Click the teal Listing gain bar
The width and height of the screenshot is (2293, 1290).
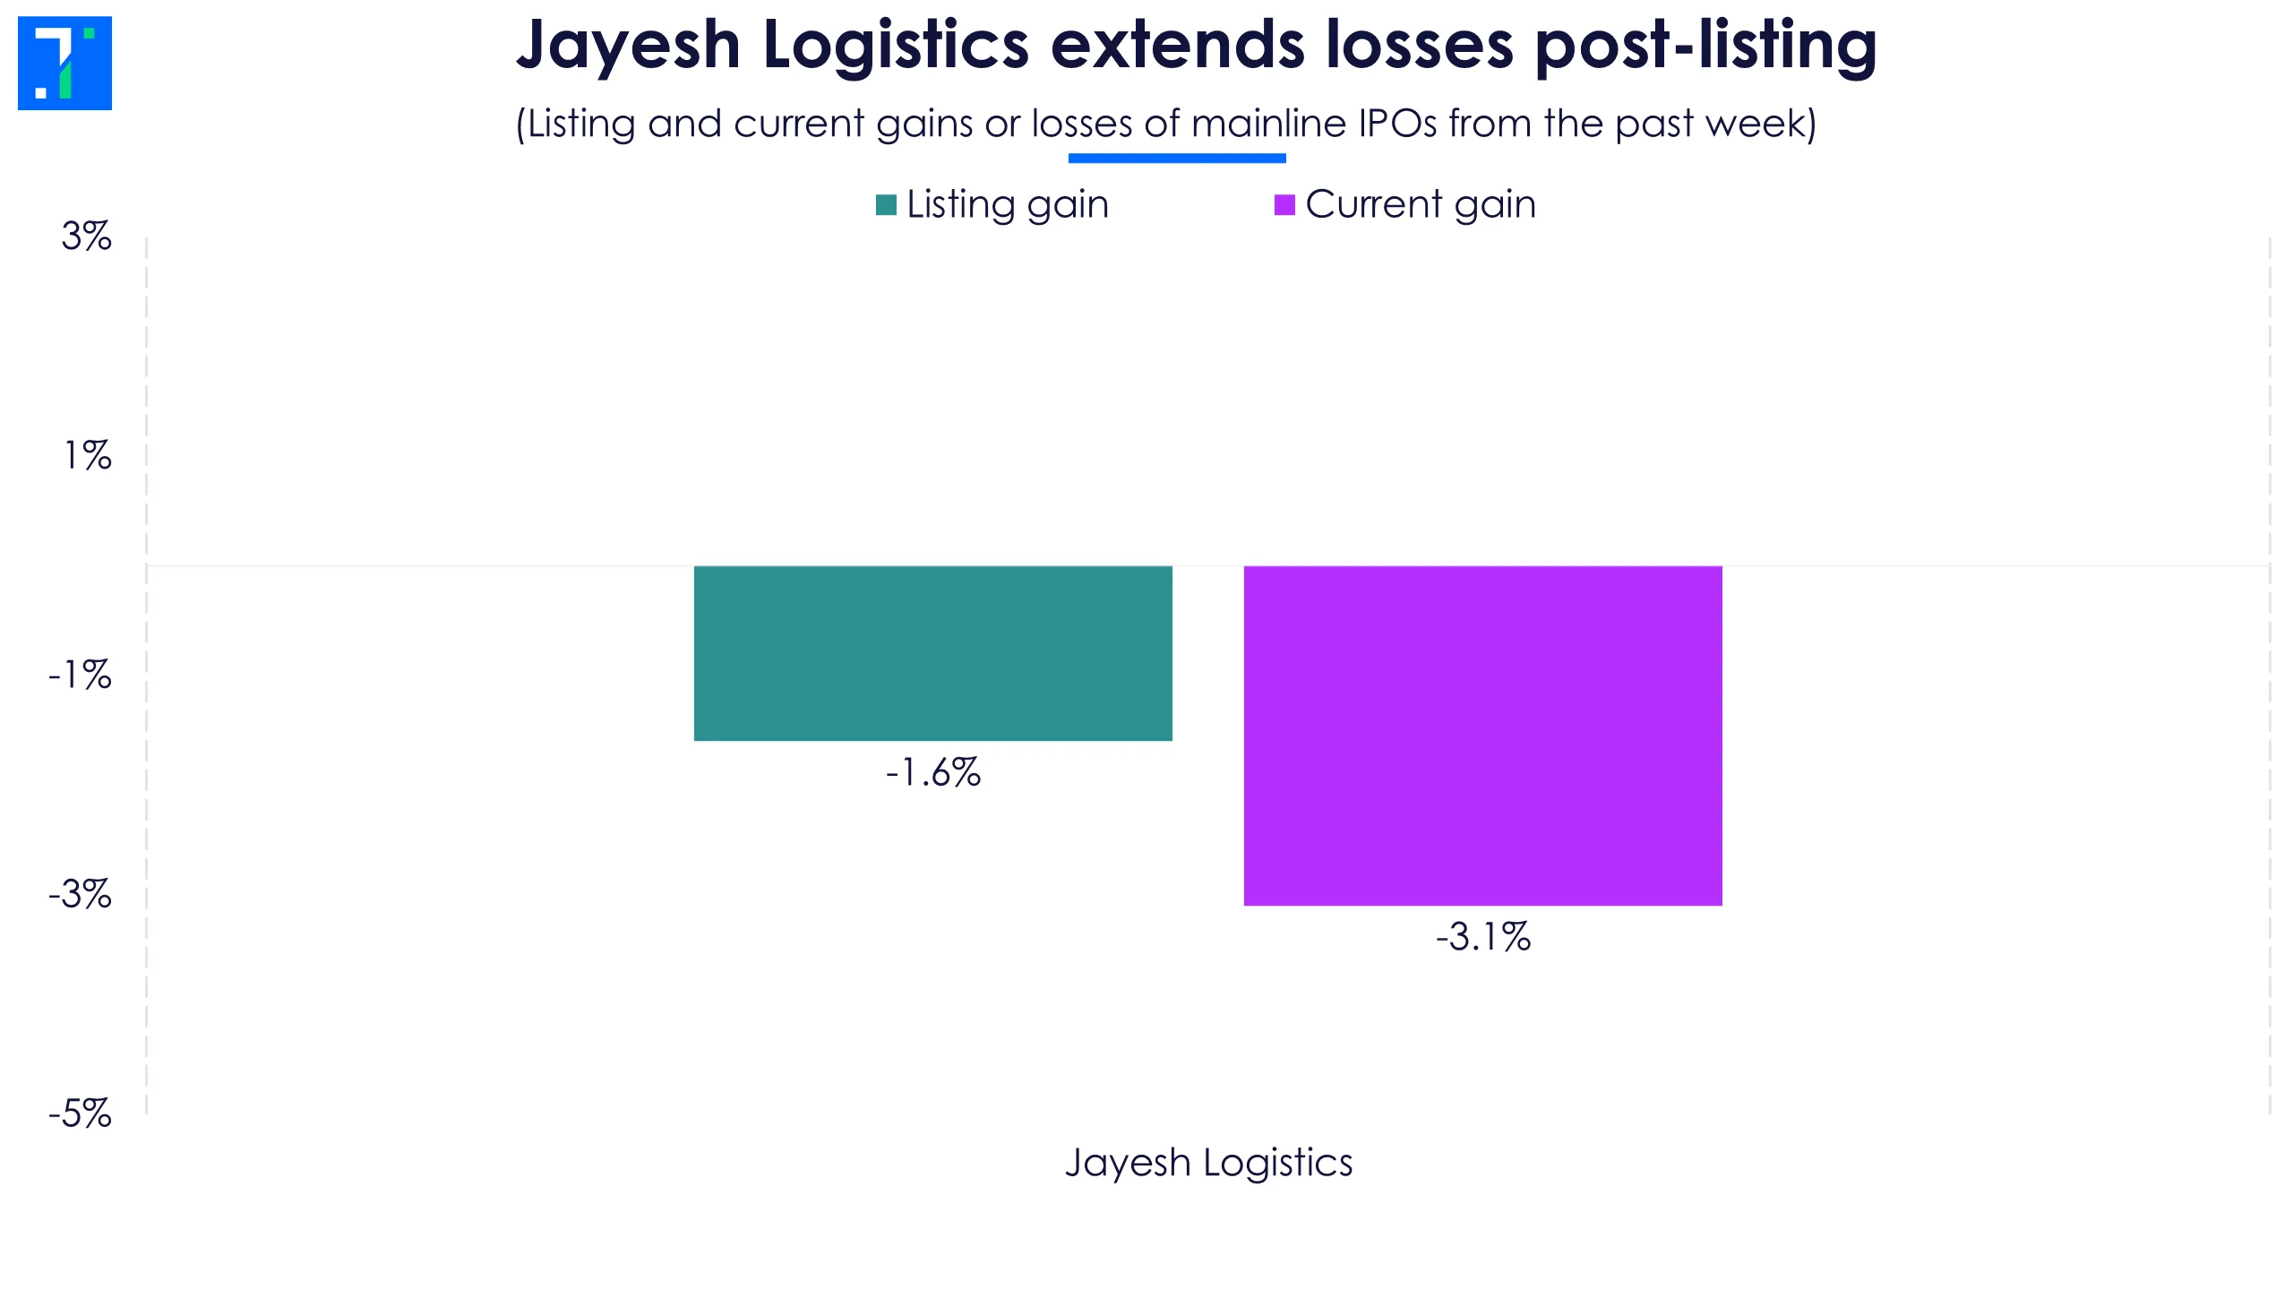coord(932,653)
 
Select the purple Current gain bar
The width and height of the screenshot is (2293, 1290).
coord(1482,735)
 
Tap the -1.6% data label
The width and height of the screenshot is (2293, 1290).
coord(933,772)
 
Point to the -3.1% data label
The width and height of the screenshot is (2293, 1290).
coord(1483,937)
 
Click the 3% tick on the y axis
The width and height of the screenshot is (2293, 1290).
coord(87,236)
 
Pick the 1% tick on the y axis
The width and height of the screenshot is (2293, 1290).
coord(88,456)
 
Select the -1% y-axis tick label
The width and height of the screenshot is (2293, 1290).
coord(81,675)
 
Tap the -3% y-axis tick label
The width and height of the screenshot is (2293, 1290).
coord(81,894)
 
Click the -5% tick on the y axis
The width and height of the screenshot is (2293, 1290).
coord(81,1114)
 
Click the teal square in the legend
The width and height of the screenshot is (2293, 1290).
coord(886,205)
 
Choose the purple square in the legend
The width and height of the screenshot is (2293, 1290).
coord(1284,205)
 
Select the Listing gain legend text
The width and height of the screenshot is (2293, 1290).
coord(1008,204)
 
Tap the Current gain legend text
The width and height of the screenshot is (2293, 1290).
coord(1421,204)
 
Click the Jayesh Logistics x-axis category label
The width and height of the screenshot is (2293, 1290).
coord(1208,1163)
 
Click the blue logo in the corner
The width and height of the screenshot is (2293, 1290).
coord(64,64)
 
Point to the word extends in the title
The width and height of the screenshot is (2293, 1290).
coord(1177,45)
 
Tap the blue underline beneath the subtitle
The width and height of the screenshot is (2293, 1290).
coord(1177,159)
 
